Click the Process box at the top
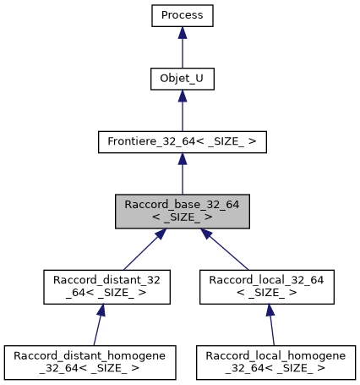(x=183, y=15)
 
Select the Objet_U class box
(x=183, y=79)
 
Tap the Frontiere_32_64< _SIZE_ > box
(x=183, y=142)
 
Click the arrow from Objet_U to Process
(x=183, y=49)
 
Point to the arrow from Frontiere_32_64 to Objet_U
(x=183, y=113)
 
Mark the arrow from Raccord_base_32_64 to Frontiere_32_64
(x=183, y=176)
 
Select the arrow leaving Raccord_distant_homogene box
(x=98, y=326)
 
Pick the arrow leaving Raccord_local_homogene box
(x=271, y=326)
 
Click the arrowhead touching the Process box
(x=183, y=34)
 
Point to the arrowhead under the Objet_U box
(x=183, y=97)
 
